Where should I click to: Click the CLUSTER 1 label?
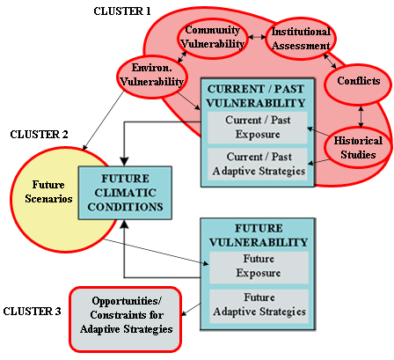tap(122, 11)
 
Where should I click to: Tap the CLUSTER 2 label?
tap(39, 135)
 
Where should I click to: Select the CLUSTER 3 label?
tap(33, 311)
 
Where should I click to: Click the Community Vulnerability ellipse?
tap(212, 37)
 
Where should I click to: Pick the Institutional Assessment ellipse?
tap(301, 39)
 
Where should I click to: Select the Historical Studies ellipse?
tap(358, 148)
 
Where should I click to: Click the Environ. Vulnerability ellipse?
tap(152, 76)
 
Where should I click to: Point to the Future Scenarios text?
tap(48, 192)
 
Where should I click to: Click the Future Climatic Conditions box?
tap(125, 193)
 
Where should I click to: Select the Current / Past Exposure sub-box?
tap(258, 128)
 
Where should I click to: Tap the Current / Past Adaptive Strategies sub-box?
tap(258, 164)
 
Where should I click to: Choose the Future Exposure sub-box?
tap(259, 268)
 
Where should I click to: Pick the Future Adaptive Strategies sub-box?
tap(259, 306)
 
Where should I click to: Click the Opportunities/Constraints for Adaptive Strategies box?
tap(126, 320)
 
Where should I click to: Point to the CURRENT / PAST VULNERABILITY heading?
tap(256, 96)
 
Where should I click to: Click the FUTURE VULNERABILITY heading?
tap(259, 235)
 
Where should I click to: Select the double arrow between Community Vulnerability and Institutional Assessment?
tap(257, 37)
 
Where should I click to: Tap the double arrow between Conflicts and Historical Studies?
tap(361, 116)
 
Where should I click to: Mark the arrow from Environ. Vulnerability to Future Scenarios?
tap(103, 121)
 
